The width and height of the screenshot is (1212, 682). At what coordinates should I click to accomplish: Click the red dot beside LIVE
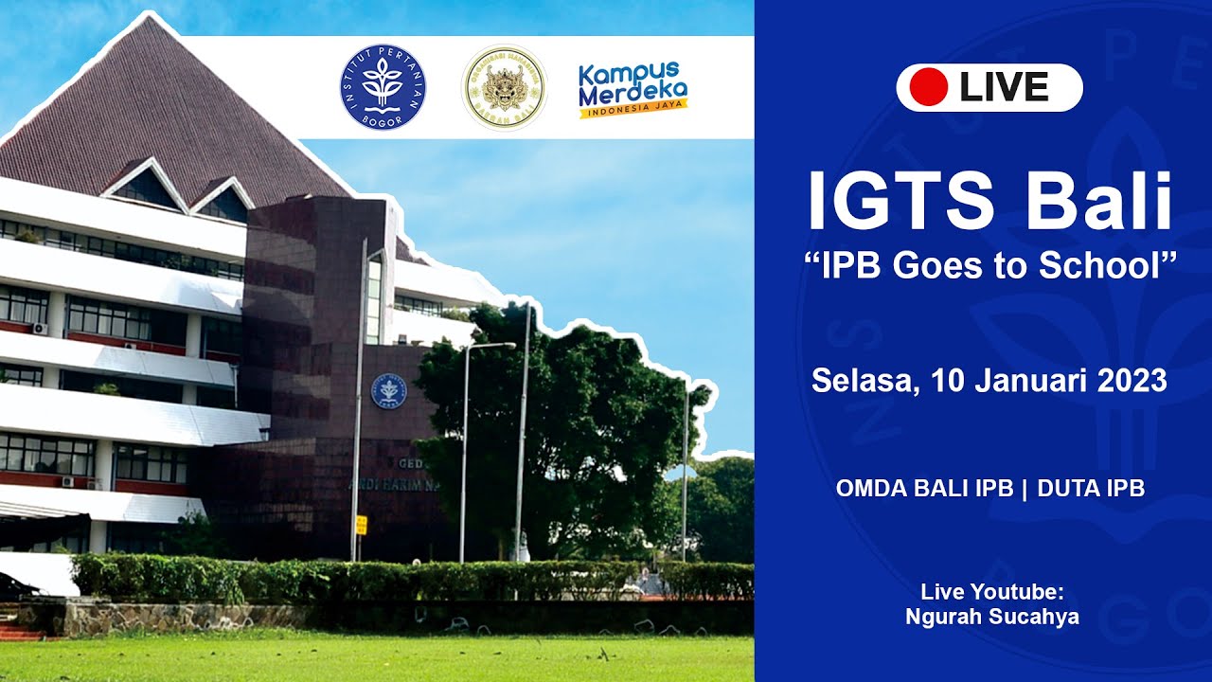click(x=928, y=88)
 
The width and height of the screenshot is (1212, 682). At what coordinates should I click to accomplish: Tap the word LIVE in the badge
click(x=1004, y=88)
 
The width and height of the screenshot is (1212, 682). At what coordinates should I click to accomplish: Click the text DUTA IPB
click(x=1091, y=489)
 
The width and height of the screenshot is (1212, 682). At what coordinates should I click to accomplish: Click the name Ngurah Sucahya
click(x=992, y=618)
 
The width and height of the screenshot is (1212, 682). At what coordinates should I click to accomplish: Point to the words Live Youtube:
click(x=992, y=593)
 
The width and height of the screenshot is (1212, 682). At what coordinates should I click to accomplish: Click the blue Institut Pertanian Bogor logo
click(x=383, y=88)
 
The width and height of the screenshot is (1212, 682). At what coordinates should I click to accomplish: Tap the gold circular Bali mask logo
click(x=504, y=88)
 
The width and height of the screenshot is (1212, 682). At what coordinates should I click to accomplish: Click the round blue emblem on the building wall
click(x=388, y=391)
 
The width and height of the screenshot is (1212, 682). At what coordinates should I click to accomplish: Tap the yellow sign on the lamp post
click(x=361, y=525)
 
